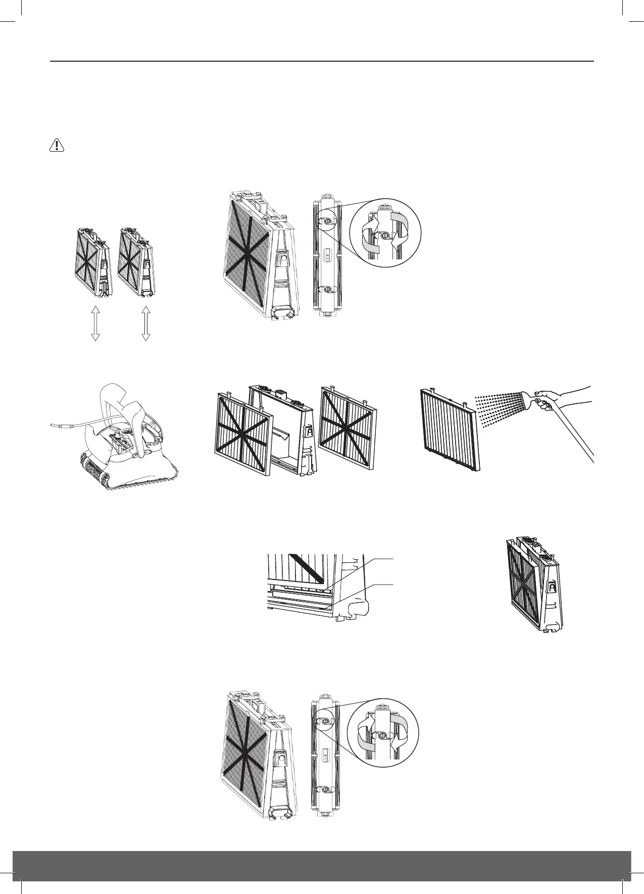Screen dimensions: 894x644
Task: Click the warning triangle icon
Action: tap(57, 146)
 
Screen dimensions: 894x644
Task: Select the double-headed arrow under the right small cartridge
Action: tap(146, 323)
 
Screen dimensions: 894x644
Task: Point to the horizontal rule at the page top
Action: tap(322, 62)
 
